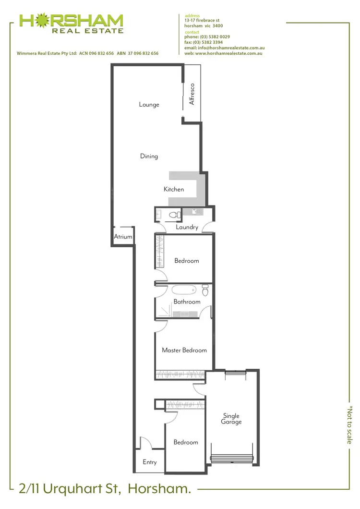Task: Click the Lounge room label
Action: coord(149,105)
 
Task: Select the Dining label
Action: coord(149,156)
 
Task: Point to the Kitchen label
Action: coord(174,190)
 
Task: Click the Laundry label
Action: coord(187,227)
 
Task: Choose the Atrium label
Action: coord(123,237)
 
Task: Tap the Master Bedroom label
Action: coord(184,351)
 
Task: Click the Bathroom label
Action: coord(187,302)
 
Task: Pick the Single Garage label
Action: coord(231,419)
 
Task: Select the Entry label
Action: coord(150,462)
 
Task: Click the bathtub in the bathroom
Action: coord(184,290)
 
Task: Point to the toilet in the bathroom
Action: coord(205,291)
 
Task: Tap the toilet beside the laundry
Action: coord(176,215)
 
